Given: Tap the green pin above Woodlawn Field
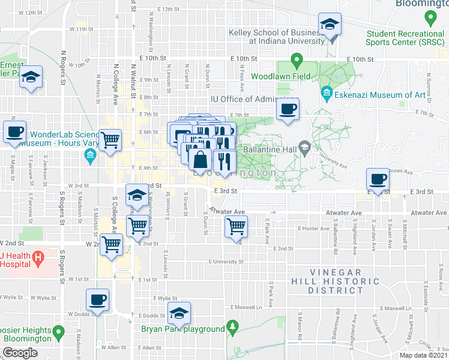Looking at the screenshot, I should tap(296, 60).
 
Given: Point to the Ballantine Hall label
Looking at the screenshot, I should tap(270, 149).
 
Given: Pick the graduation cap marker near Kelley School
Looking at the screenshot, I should tap(328, 25).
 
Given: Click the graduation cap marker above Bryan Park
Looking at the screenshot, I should tap(178, 313).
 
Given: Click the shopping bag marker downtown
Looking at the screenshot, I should tap(200, 160).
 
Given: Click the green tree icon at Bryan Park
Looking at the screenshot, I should tap(232, 328).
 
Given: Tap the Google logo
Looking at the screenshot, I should tap(20, 353).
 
